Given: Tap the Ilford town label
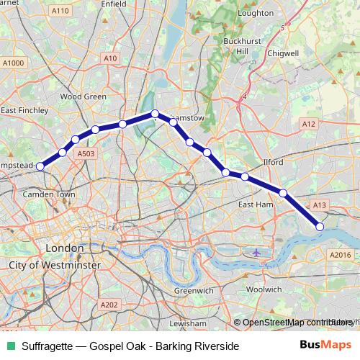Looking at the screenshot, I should [x=275, y=162].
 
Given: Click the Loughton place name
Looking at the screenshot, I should [x=256, y=13].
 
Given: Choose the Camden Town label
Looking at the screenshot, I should [x=50, y=194].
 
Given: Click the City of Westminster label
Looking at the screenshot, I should [x=54, y=266].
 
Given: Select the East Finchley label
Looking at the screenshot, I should [x=24, y=110].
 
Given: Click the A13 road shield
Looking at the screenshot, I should [x=320, y=205].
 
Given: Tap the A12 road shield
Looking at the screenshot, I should [x=309, y=125].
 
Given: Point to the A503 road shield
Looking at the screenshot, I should [x=86, y=153].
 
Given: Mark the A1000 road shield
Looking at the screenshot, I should [x=13, y=63].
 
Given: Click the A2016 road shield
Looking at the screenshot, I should [x=340, y=254].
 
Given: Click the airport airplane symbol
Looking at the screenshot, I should [x=257, y=252].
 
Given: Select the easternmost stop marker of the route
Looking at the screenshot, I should [x=320, y=227].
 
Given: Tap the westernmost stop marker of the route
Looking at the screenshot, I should [x=41, y=166].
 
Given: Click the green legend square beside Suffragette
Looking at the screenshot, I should [x=9, y=346].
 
